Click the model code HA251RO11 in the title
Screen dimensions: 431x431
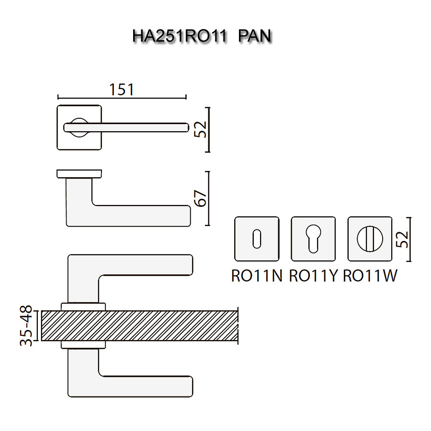180,36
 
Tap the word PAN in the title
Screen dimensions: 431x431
255,36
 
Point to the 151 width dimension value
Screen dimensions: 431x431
122,90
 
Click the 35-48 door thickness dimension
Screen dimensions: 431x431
26,326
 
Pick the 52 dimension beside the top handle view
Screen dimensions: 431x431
200,129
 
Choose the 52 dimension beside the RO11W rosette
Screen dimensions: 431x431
402,239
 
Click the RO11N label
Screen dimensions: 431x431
257,276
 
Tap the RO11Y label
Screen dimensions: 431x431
313,276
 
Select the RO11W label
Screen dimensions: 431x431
370,276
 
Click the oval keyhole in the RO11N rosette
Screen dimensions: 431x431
257,238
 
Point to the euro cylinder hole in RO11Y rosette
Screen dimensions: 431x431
313,238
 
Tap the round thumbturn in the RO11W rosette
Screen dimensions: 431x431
370,238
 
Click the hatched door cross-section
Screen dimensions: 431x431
139,326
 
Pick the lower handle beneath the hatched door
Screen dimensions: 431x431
130,373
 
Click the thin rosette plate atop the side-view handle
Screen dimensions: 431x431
79,174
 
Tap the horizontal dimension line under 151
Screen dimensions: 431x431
122,97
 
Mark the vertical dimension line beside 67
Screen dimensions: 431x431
208,198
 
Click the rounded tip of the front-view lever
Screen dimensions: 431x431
187,127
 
